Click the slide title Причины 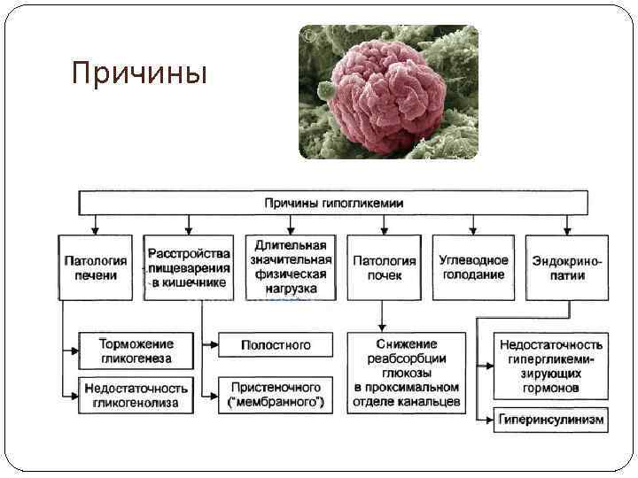coord(139,73)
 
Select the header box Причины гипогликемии coord(334,203)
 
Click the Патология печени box coord(96,267)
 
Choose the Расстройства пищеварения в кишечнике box coord(189,267)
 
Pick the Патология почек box coord(384,267)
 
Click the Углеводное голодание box coord(473,267)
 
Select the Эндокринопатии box coord(566,267)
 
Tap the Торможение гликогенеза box coord(136,351)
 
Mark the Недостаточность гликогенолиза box coord(136,395)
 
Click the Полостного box coord(276,344)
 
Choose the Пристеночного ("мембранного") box coord(276,395)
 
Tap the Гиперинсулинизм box coord(551,419)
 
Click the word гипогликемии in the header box coord(361,203)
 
